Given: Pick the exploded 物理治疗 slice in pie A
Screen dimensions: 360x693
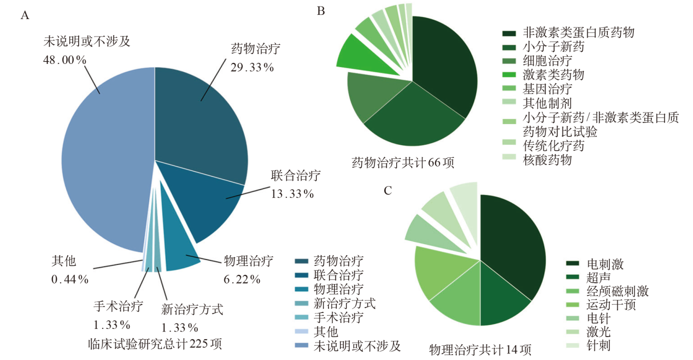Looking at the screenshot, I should tap(180, 251).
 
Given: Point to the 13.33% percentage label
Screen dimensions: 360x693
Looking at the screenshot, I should tap(292, 193).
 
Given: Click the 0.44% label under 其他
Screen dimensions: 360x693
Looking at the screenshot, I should tap(69, 279).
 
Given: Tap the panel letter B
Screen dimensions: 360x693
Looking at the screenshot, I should tap(321, 11).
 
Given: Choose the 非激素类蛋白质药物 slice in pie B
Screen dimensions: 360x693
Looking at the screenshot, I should tap(445, 71).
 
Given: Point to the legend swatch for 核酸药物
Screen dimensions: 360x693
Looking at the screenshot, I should tap(510, 160).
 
